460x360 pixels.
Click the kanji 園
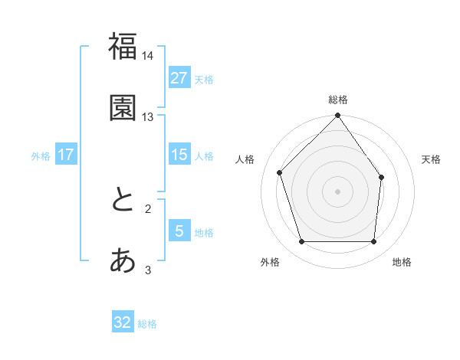[123, 108]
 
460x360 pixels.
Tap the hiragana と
[123, 200]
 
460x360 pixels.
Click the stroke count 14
[148, 56]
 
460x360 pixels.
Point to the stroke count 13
[148, 117]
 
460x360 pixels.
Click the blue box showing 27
[179, 78]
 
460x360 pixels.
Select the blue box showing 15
[179, 155]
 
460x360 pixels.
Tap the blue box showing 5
[179, 231]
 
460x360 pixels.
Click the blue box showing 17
[66, 155]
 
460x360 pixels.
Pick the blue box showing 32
[123, 322]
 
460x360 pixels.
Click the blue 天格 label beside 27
[204, 79]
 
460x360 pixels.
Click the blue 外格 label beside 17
[41, 155]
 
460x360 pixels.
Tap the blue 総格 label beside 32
[147, 323]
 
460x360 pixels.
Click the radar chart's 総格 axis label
[338, 100]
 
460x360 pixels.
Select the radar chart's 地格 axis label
[402, 263]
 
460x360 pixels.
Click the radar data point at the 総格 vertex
[338, 116]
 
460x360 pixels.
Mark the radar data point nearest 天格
[382, 177]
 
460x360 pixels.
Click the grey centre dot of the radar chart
[338, 191]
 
